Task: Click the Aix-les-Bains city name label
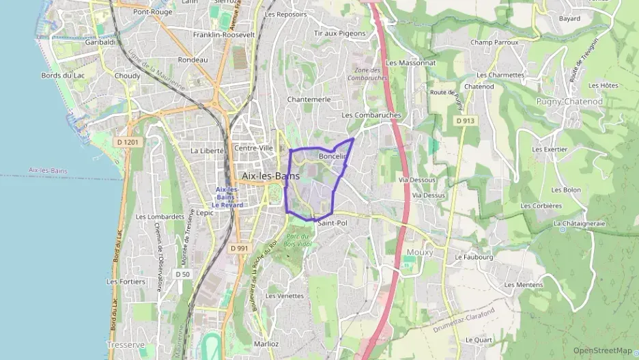click(270, 176)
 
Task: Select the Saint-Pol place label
click(332, 223)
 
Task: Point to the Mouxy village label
click(420, 252)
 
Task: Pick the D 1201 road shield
click(127, 141)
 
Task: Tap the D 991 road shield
click(239, 248)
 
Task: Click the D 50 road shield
click(182, 274)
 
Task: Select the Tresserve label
click(126, 345)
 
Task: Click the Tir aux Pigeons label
click(339, 33)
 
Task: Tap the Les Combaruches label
click(371, 115)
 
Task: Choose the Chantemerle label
click(309, 99)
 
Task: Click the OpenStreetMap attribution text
click(602, 350)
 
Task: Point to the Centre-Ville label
click(253, 148)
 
